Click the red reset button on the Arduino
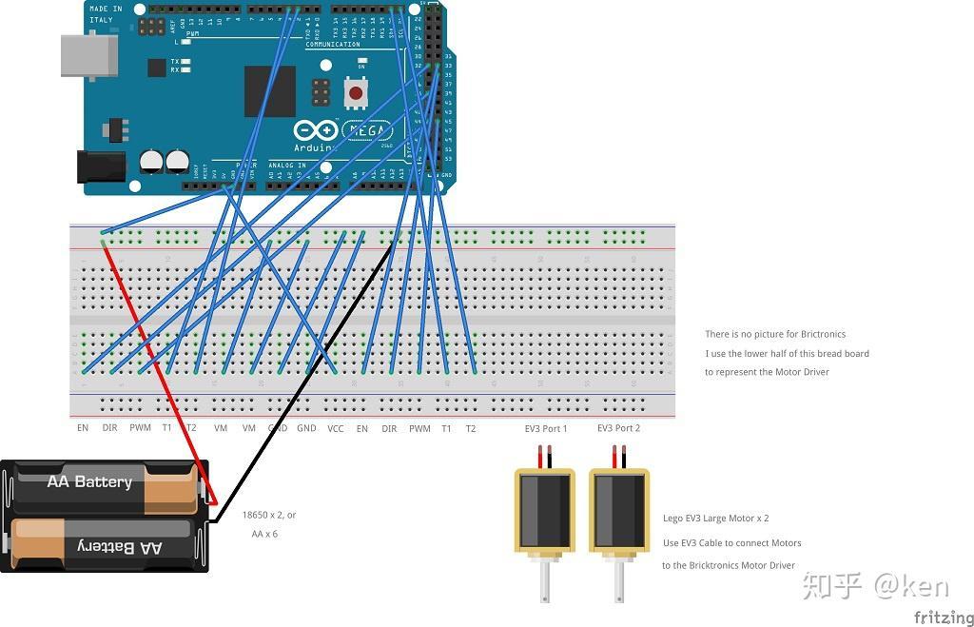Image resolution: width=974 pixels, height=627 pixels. (x=356, y=93)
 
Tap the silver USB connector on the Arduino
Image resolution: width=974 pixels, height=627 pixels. (x=88, y=55)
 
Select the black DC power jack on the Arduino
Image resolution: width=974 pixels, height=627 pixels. (x=100, y=167)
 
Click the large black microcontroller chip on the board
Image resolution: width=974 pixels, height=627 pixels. (x=269, y=91)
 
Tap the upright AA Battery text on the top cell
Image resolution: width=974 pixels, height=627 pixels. (x=89, y=482)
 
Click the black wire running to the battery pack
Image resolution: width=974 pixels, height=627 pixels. (x=304, y=381)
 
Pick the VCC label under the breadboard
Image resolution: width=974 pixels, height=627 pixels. (x=336, y=429)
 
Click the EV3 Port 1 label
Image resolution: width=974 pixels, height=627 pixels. (x=546, y=429)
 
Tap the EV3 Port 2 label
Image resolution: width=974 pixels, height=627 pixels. (x=618, y=429)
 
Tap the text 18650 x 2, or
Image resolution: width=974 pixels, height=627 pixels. (x=269, y=515)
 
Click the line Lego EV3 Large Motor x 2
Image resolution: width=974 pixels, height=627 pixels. (x=715, y=519)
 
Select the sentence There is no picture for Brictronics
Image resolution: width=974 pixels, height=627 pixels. (x=775, y=334)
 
